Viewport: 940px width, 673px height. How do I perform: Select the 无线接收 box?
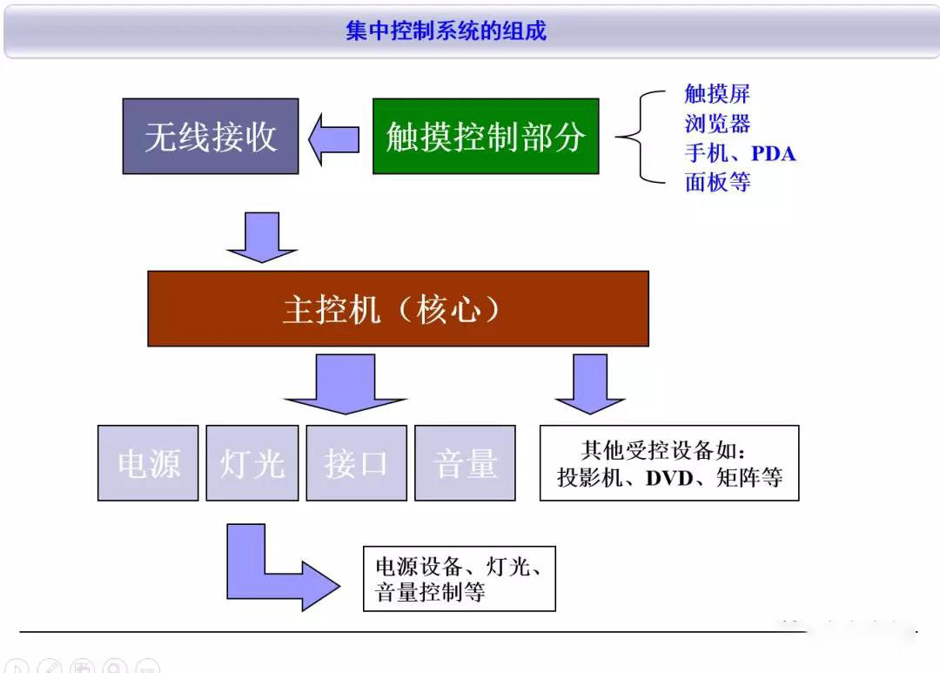point(211,136)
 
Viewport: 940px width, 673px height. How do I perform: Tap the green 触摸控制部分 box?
point(486,136)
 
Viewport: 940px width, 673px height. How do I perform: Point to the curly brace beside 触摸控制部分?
point(640,137)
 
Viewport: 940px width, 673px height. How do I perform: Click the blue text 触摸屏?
point(716,94)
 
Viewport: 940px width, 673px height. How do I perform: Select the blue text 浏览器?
point(716,124)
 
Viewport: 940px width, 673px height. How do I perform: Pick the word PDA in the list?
point(773,154)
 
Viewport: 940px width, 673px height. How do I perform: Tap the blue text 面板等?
point(716,183)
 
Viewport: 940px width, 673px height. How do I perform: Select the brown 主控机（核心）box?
point(398,309)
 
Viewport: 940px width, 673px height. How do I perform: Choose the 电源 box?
point(148,463)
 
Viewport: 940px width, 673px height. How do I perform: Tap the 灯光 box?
point(252,463)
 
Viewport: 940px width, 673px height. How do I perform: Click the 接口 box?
point(356,463)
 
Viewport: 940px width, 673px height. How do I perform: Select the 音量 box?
point(465,463)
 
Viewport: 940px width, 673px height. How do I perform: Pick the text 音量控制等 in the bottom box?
point(429,594)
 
